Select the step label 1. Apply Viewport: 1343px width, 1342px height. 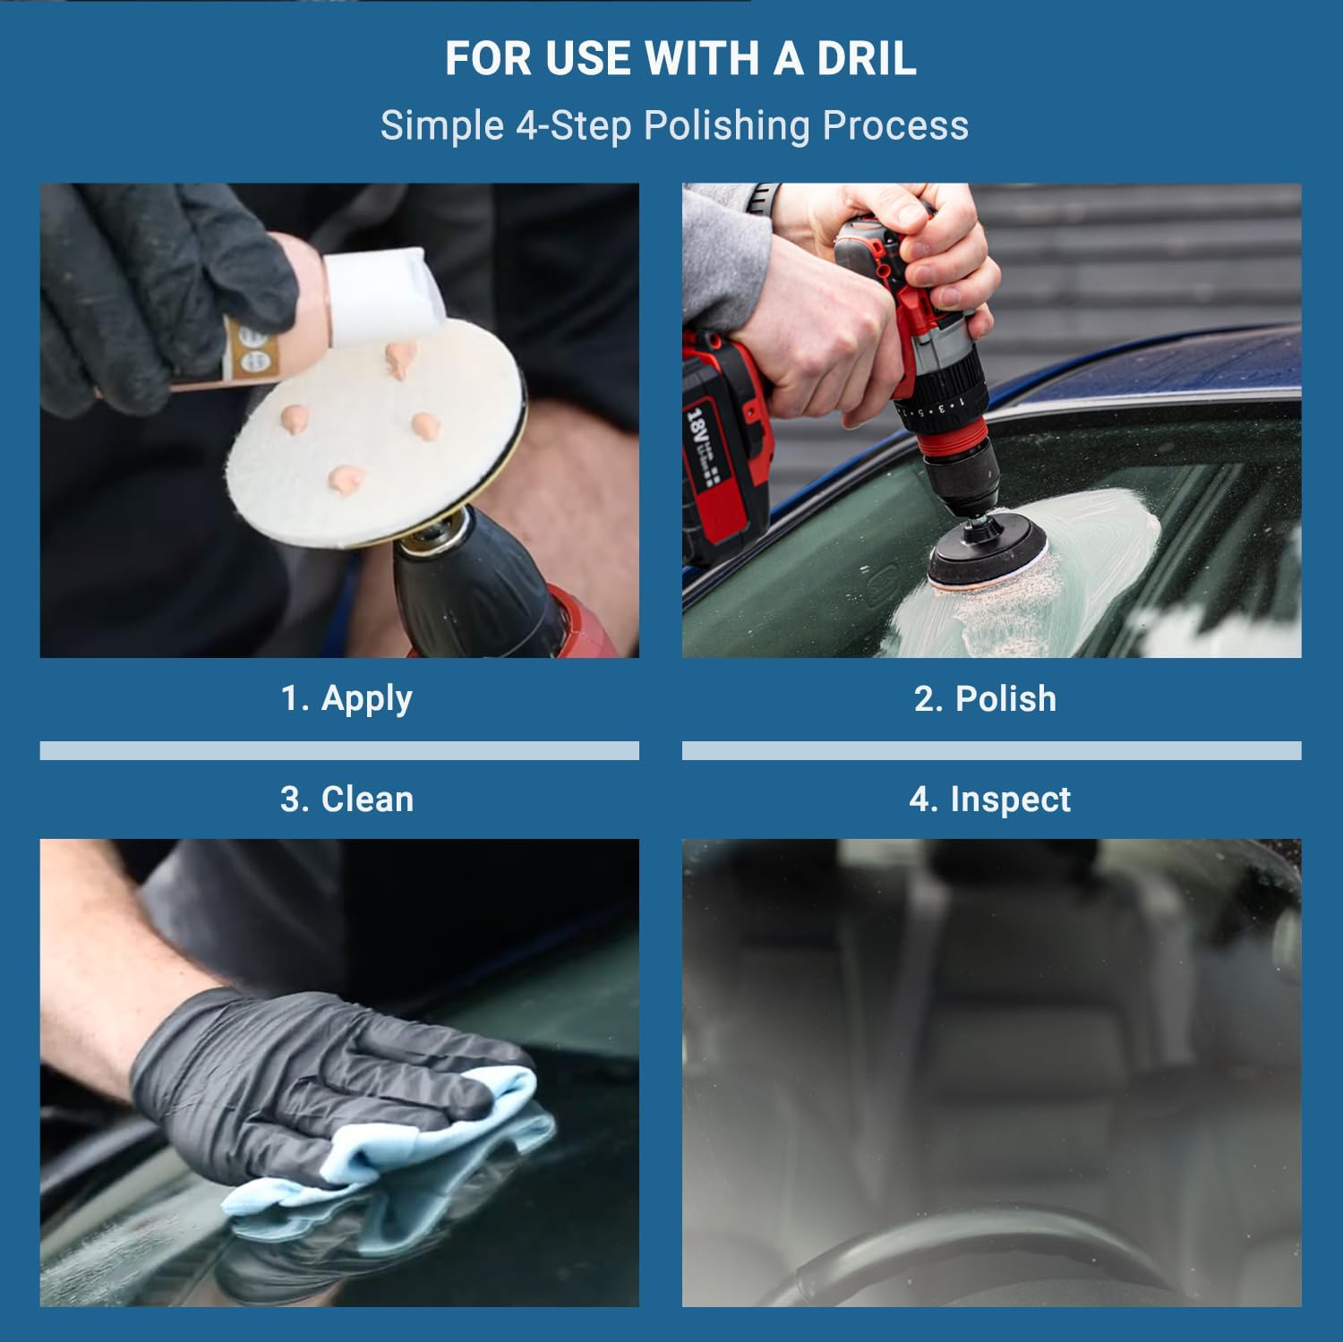pos(346,698)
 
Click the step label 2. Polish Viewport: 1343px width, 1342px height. pos(985,698)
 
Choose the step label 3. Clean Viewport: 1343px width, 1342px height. pos(346,799)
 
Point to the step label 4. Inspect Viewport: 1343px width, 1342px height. pos(989,799)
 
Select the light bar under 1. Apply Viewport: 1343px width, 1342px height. pos(339,750)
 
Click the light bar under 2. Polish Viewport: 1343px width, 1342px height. pos(991,750)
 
